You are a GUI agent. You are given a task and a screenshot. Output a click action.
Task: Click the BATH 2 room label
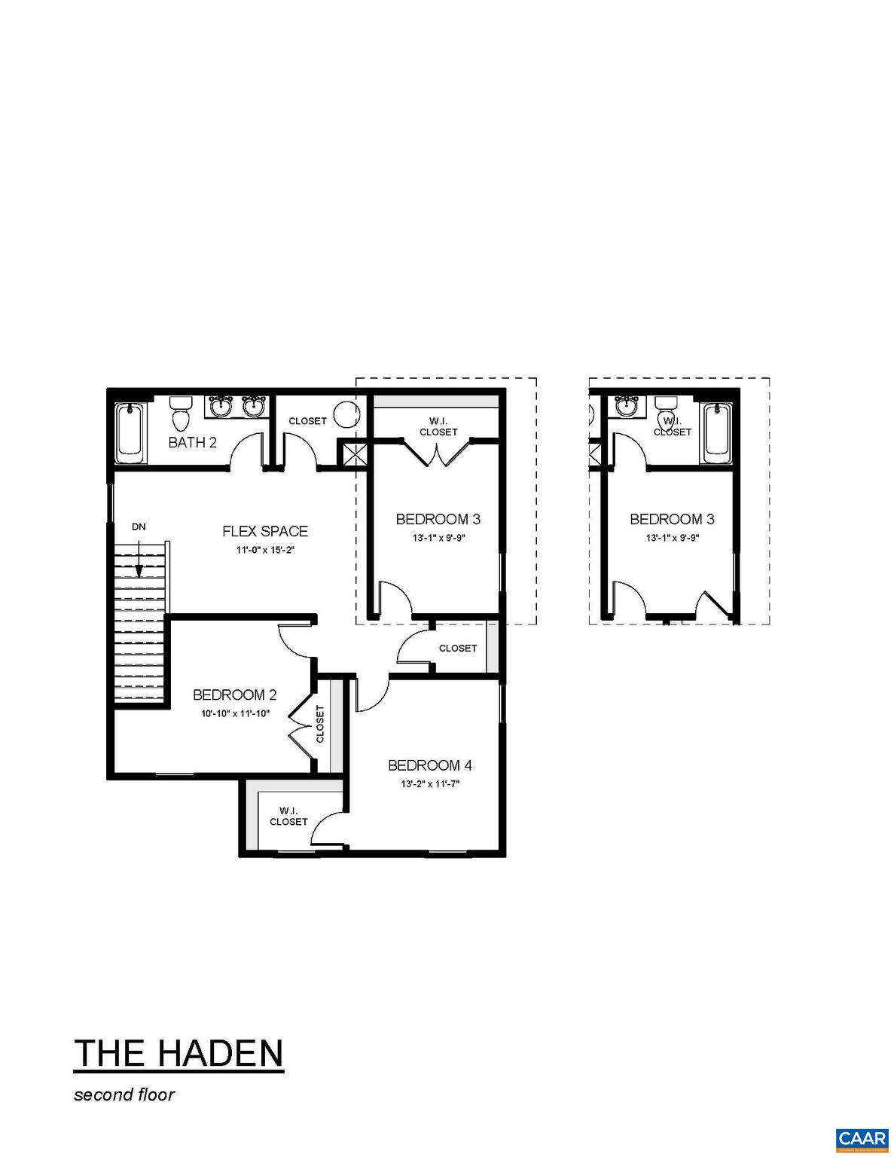pos(192,442)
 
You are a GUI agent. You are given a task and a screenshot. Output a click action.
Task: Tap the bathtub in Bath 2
pos(130,435)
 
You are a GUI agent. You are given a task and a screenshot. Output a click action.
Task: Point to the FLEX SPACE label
pos(264,531)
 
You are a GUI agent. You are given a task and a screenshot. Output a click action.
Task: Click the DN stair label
pos(139,527)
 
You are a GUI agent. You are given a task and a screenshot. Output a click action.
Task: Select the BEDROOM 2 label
pos(234,695)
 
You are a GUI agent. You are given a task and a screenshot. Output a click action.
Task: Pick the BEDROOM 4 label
pos(429,765)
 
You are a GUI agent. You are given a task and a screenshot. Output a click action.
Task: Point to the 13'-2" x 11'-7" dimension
pos(429,783)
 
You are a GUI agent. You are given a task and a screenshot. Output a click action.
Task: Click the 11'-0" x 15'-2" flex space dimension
pos(264,550)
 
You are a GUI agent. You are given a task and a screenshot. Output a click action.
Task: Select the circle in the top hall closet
pos(347,413)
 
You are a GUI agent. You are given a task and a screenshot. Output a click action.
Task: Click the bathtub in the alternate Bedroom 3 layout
pos(716,435)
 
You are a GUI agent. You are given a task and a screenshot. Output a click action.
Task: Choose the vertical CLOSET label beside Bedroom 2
pos(320,723)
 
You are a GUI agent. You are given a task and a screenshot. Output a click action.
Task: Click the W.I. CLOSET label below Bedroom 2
pos(288,816)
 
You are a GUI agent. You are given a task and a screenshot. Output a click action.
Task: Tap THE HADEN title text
pos(178,1052)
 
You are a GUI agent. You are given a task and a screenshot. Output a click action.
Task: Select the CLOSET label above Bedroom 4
pos(458,648)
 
